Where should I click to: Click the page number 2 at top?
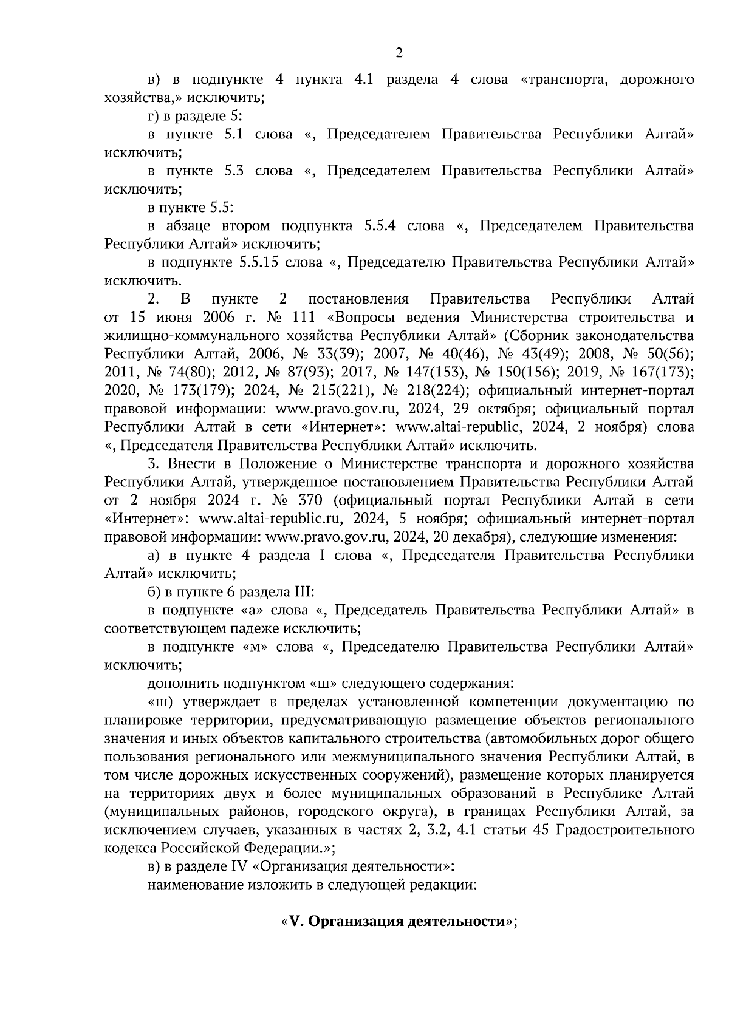(399, 53)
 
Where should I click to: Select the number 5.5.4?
(380, 226)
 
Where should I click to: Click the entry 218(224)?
(433, 390)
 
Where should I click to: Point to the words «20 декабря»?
(468, 537)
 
